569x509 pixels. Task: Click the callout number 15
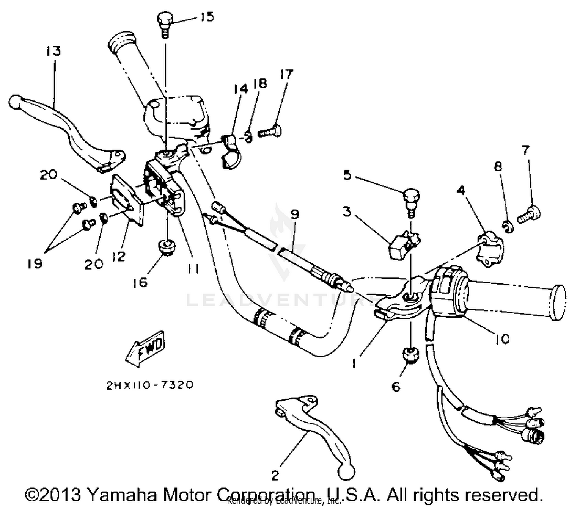pyautogui.click(x=207, y=17)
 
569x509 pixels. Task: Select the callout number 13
pyautogui.click(x=54, y=51)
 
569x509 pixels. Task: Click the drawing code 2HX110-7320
pyautogui.click(x=149, y=385)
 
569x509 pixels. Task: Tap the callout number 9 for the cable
pyautogui.click(x=295, y=215)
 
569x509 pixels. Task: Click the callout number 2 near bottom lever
pyautogui.click(x=275, y=475)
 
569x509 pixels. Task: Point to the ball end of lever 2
pyautogui.click(x=347, y=472)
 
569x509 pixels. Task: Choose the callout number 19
pyautogui.click(x=35, y=263)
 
